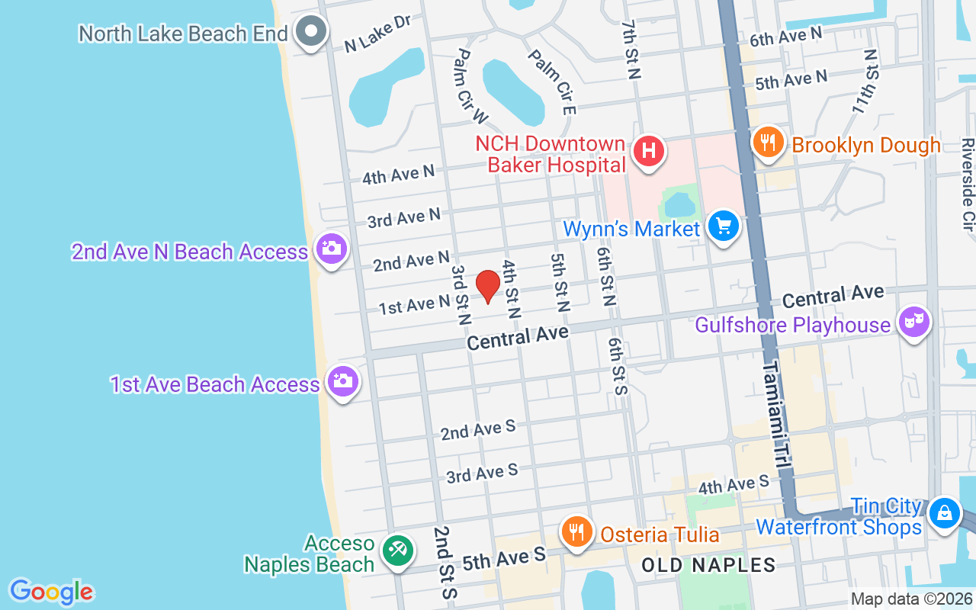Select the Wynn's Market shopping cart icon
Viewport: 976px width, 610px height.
click(724, 226)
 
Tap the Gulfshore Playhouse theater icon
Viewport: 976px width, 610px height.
click(913, 323)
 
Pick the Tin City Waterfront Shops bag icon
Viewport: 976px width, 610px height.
click(945, 513)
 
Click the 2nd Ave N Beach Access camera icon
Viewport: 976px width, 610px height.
click(332, 249)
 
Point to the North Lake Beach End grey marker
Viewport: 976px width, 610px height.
click(311, 32)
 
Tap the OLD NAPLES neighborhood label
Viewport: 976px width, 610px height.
click(708, 565)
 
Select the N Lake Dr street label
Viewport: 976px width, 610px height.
click(377, 34)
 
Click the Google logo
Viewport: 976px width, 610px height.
click(52, 592)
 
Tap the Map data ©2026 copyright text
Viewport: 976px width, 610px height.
click(912, 599)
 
